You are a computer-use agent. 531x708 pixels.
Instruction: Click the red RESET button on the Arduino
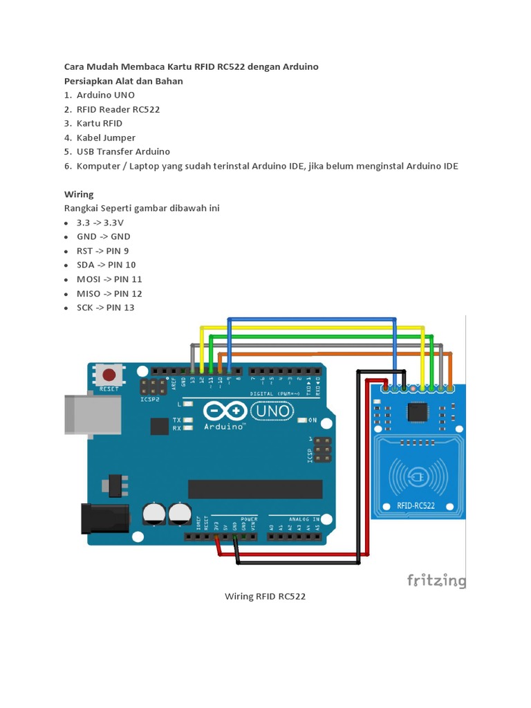click(x=109, y=375)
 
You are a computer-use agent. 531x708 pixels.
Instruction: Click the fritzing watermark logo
click(x=436, y=579)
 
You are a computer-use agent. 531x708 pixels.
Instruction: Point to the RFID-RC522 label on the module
click(x=416, y=505)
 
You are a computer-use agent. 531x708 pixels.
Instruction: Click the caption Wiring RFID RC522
click(x=265, y=596)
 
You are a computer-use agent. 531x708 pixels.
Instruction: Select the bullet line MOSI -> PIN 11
click(x=109, y=279)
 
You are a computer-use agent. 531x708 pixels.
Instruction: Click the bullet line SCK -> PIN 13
click(x=106, y=307)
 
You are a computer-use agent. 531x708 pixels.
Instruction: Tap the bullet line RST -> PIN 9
click(x=102, y=250)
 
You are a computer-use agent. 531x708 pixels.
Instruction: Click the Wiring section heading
click(x=79, y=194)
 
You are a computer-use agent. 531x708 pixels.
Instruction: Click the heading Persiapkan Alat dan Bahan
click(x=124, y=81)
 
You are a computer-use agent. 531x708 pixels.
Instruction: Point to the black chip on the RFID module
click(x=417, y=412)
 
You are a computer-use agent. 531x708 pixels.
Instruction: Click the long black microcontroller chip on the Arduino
click(x=255, y=489)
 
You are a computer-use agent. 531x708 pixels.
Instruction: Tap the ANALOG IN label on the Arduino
click(x=304, y=518)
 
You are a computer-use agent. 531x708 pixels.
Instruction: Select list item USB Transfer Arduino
click(x=123, y=151)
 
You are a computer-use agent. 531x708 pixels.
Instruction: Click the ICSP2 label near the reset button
click(x=150, y=399)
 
